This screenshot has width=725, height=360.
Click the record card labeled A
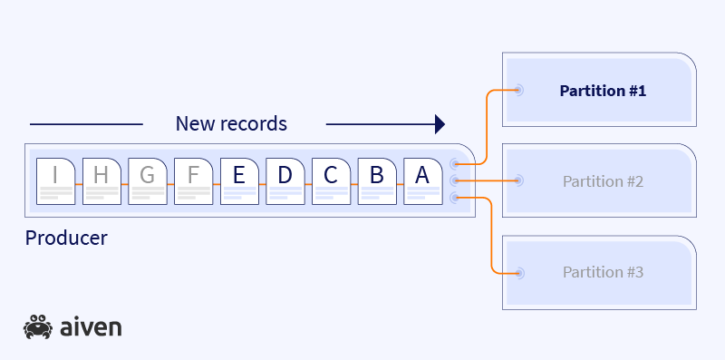point(422,181)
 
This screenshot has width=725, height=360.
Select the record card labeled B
point(377,181)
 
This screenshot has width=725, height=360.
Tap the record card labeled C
point(331,181)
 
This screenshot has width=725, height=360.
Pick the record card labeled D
point(285,181)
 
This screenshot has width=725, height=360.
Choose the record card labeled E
point(239,181)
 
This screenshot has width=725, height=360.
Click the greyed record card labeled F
point(193,181)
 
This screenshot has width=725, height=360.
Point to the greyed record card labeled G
point(147,181)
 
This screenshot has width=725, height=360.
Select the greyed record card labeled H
point(101,181)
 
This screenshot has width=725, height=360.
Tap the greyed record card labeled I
point(55,181)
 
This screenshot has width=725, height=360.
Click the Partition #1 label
point(603,91)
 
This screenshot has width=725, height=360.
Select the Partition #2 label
point(603,181)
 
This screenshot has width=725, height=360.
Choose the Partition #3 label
point(603,272)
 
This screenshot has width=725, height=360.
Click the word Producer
point(66,238)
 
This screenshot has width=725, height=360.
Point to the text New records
point(231,123)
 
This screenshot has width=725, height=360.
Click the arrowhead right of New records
point(440,123)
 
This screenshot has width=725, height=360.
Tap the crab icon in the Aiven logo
point(38,326)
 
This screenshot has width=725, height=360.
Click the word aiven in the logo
point(91,327)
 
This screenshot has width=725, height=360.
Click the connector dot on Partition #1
point(519,90)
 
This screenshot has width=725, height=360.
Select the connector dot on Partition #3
point(519,272)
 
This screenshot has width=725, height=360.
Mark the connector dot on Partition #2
point(519,180)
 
